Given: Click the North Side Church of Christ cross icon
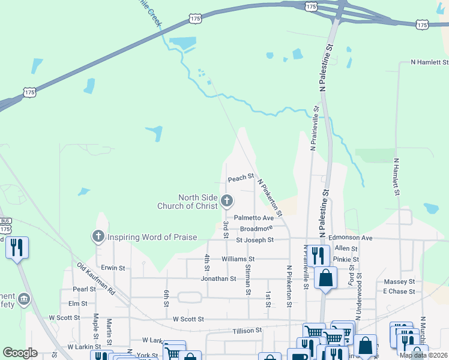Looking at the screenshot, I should pyautogui.click(x=227, y=200).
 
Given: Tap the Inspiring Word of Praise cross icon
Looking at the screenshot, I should pyautogui.click(x=98, y=237).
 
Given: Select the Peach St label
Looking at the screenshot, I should pyautogui.click(x=241, y=179).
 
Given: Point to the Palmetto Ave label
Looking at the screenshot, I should pyautogui.click(x=254, y=218).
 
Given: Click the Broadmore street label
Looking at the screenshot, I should pyautogui.click(x=256, y=229).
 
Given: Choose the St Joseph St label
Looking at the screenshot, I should pyautogui.click(x=255, y=240).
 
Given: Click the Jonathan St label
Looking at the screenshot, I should pyautogui.click(x=218, y=278).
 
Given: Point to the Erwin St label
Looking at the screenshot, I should pyautogui.click(x=113, y=268).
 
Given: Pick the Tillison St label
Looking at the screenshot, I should pyautogui.click(x=247, y=330).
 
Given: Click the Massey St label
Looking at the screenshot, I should pyautogui.click(x=399, y=281).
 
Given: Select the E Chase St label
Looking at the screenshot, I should pyautogui.click(x=399, y=292).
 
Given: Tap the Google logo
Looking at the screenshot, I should pyautogui.click(x=20, y=353).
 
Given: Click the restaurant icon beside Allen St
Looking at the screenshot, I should pyautogui.click(x=319, y=254).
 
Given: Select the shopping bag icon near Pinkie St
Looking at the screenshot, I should pyautogui.click(x=325, y=278).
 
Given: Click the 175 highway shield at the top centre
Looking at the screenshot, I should pyautogui.click(x=310, y=6).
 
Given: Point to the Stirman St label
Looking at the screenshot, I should pyautogui.click(x=247, y=283).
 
